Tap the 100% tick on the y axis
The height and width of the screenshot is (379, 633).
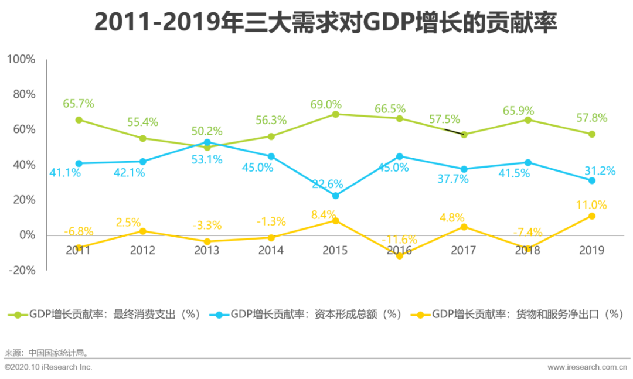click(x=21, y=60)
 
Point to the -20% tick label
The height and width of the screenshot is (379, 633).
click(x=21, y=270)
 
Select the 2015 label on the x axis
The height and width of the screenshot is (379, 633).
click(x=335, y=251)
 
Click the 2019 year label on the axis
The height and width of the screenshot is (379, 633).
click(x=592, y=251)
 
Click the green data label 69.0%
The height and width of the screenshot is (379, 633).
click(x=326, y=105)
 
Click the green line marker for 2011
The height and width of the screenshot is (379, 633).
click(x=79, y=120)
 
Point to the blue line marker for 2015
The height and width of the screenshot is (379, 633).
click(x=335, y=196)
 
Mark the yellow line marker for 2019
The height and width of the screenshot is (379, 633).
click(x=592, y=216)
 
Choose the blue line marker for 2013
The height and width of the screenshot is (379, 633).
click(x=207, y=142)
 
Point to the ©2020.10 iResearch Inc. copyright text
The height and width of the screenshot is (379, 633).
click(x=49, y=367)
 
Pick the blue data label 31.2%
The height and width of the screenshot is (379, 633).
click(x=600, y=171)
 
